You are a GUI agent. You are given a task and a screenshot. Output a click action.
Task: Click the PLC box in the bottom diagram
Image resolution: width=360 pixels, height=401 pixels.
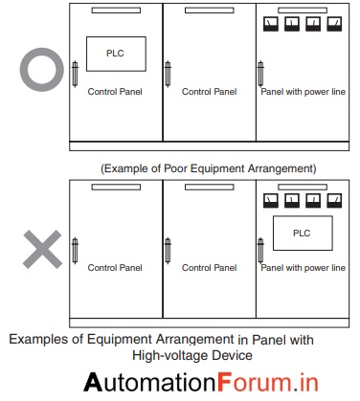[302, 233]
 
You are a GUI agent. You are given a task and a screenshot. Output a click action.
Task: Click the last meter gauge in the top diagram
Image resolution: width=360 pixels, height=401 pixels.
[335, 22]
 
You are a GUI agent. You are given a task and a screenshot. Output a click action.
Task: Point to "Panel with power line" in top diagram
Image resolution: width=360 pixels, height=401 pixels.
[304, 92]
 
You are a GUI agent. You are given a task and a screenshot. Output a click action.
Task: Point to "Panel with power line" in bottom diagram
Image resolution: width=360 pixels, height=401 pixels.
[304, 268]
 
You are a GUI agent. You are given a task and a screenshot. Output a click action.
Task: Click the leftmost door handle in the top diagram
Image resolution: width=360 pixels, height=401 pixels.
[75, 74]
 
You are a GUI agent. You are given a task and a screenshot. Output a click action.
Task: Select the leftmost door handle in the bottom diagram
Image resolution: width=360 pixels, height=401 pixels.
[75, 251]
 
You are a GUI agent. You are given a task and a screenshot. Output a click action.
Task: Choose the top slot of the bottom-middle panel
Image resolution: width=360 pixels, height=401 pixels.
[209, 189]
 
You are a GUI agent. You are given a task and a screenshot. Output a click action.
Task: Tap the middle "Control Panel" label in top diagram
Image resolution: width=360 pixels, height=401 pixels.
[209, 92]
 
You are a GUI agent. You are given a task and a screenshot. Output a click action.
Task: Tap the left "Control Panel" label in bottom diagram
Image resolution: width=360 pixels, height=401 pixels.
[115, 268]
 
